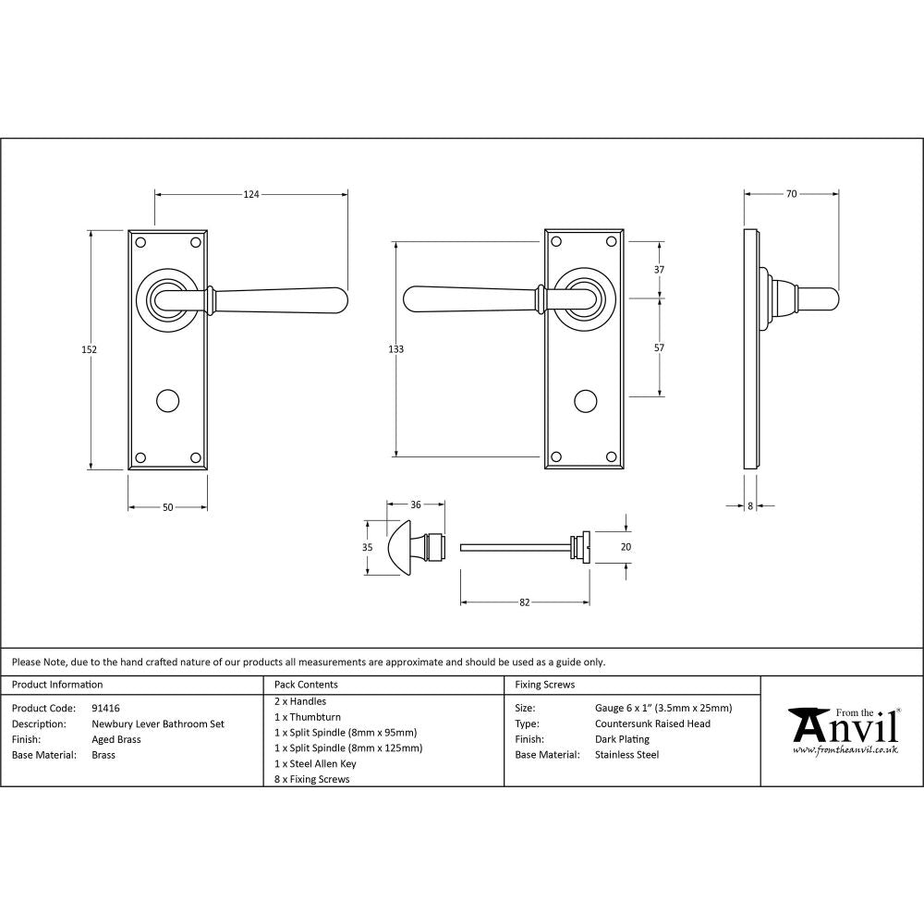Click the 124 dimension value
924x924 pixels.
251,194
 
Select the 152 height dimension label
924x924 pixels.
90,349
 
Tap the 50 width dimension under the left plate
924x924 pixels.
167,507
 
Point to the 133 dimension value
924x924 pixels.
396,349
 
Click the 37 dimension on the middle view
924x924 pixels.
659,270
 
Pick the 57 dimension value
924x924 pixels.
659,348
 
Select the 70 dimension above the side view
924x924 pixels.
791,194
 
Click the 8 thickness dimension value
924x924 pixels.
749,506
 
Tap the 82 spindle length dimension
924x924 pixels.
524,602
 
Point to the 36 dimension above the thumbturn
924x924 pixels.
416,505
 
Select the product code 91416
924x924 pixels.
106,708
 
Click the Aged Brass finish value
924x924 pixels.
115,739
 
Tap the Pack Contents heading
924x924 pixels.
306,685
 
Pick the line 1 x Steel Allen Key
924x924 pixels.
315,763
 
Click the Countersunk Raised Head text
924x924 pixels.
652,723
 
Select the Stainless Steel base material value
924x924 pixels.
627,755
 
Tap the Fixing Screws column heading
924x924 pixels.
544,685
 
